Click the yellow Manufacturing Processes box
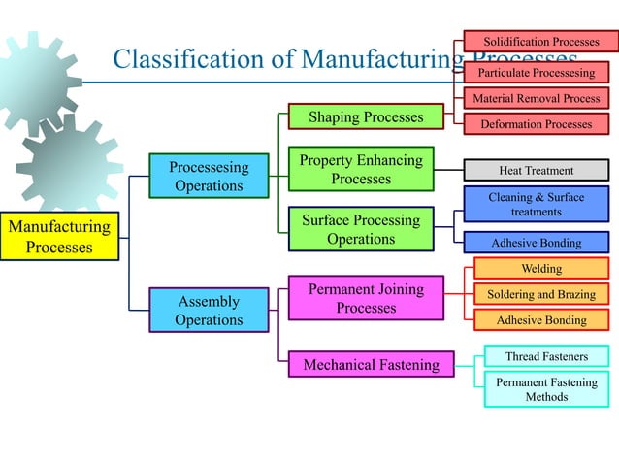coord(59,237)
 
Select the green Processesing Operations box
coord(209,176)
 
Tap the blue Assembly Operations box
coord(209,311)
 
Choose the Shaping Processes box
coord(366,117)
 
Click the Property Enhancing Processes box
coord(361,169)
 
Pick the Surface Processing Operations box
coord(361,229)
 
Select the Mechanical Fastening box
coord(372,365)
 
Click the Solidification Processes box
coord(541,42)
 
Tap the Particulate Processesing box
coord(537,73)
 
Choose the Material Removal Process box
coord(537,98)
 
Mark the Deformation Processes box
coord(537,124)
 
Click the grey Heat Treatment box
coord(537,170)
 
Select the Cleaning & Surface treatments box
coord(537,204)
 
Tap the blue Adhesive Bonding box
coord(537,243)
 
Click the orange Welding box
coord(541,268)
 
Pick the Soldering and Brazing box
coord(541,294)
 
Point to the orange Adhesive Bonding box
coord(541,320)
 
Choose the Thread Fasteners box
coord(546,356)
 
